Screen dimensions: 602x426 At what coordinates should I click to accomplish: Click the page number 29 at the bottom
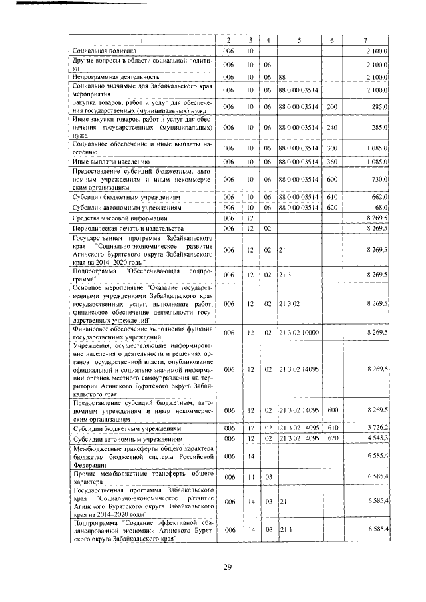coord(226,567)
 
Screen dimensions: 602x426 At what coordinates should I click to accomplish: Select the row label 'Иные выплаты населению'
coord(110,162)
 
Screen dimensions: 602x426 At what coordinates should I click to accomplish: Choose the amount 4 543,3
coord(376,440)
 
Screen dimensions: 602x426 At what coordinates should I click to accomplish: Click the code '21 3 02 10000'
coord(299,332)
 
